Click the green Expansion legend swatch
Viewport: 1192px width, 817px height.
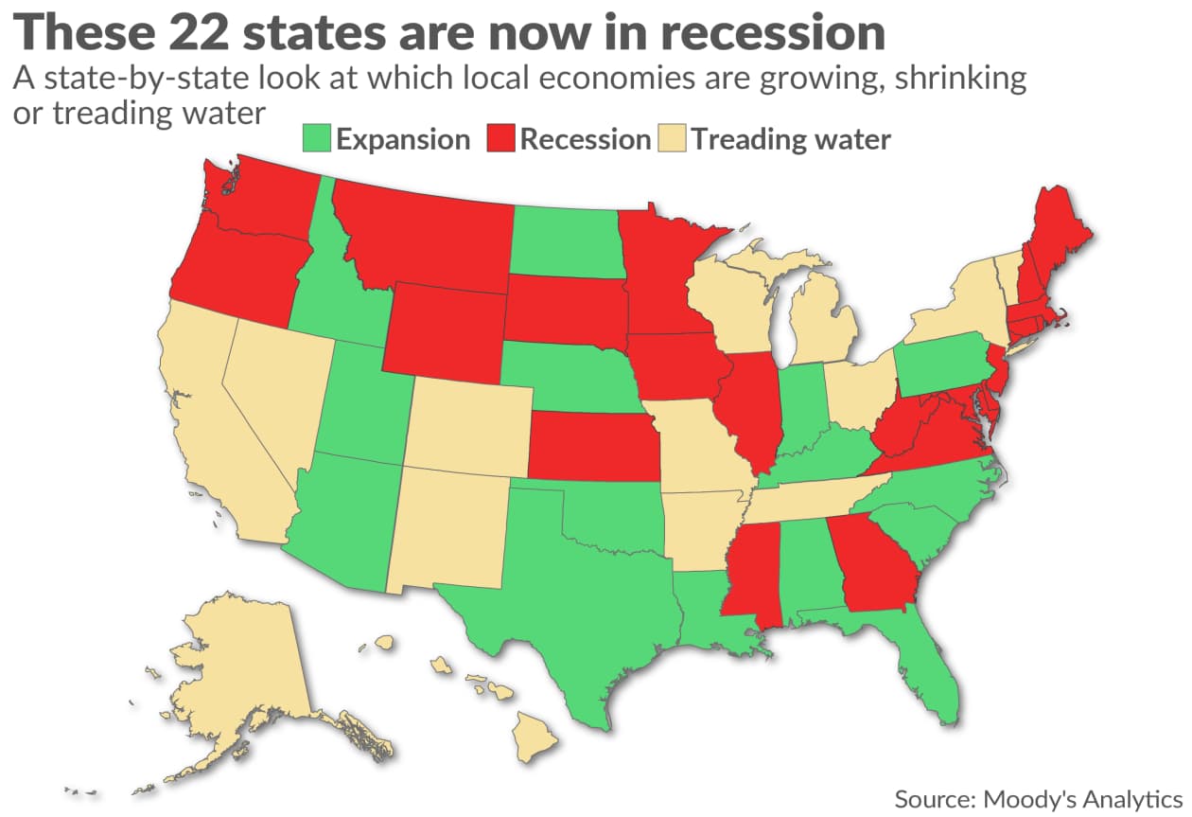(x=317, y=139)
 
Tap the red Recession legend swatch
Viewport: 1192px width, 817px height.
(x=500, y=139)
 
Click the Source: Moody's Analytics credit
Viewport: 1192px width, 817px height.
(x=1037, y=797)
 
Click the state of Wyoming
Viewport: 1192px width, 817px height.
(x=445, y=331)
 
